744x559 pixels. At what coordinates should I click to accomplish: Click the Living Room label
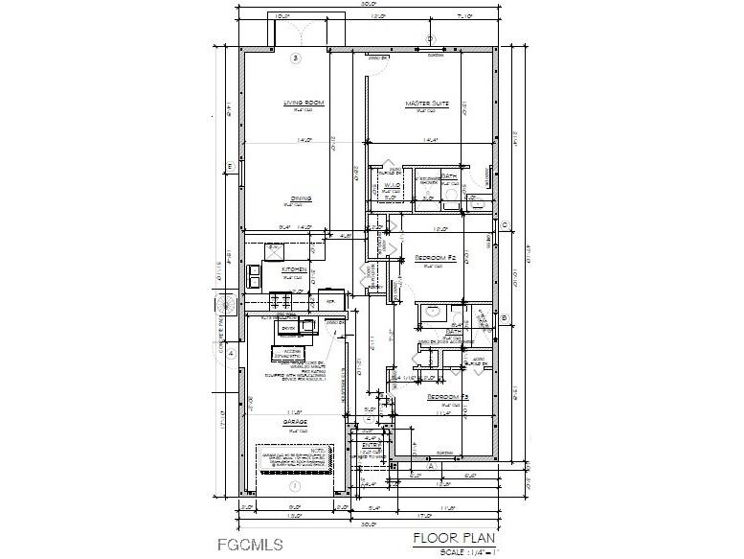[x=304, y=103]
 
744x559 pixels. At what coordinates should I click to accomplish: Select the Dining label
[x=301, y=198]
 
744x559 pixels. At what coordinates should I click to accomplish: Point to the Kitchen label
[x=294, y=270]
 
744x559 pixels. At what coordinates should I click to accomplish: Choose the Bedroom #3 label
[x=447, y=397]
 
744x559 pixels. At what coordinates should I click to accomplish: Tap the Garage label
[x=294, y=422]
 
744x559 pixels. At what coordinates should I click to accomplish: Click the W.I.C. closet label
[x=391, y=185]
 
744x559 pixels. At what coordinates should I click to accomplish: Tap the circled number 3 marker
[x=296, y=58]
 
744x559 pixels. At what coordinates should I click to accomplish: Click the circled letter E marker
[x=230, y=167]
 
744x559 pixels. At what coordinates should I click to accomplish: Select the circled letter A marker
[x=431, y=465]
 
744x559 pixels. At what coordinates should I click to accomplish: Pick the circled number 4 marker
[x=230, y=352]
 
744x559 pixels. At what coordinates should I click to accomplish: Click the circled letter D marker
[x=430, y=39]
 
